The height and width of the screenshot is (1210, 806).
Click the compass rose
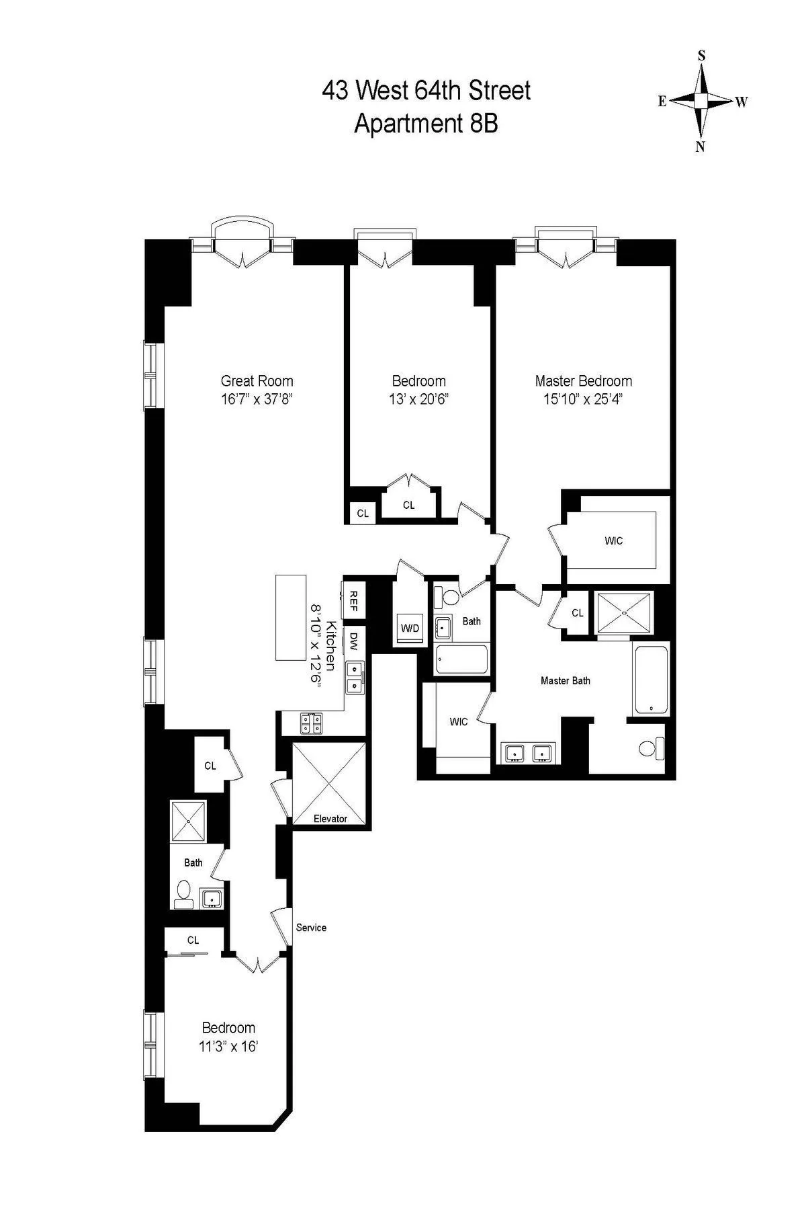coord(701,101)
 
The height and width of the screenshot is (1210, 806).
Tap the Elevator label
coord(330,818)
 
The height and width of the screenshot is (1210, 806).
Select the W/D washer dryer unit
coord(410,628)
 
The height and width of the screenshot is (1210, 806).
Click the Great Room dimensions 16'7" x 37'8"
coord(257,399)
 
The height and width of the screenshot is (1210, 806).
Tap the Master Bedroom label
coord(583,380)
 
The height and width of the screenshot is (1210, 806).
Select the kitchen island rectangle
coord(290,617)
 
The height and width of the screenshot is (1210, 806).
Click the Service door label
coord(311,927)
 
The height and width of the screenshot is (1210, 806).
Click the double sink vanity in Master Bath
coord(528,754)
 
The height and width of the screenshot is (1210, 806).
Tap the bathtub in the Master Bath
coord(650,679)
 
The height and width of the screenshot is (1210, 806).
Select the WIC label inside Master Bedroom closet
coord(613,540)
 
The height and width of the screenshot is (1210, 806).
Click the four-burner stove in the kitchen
coord(311,723)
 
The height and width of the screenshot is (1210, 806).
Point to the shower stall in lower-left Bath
coord(188,821)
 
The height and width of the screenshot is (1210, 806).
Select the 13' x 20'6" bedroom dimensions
coord(418,399)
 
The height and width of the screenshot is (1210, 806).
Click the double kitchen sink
coord(354,678)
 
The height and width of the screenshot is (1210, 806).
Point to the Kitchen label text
coord(330,645)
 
